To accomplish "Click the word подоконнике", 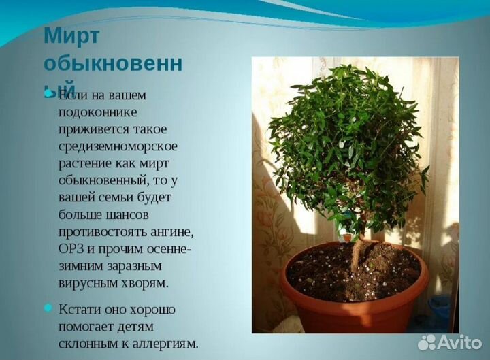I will [98, 112].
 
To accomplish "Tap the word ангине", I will [166, 231].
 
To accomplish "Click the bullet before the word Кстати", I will [48, 308].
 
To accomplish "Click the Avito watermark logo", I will [449, 342].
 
